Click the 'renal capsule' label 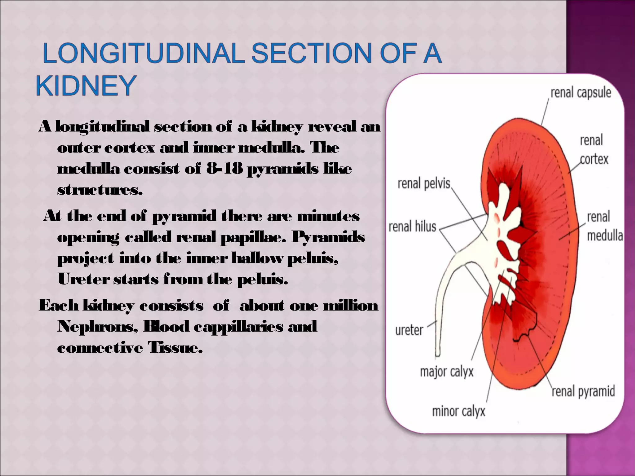[580, 93]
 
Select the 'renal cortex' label [593, 150]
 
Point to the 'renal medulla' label [604, 226]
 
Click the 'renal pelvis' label [424, 183]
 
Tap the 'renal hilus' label [412, 227]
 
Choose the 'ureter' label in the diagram [409, 330]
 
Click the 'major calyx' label [446, 371]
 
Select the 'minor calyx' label [458, 412]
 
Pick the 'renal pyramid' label [583, 391]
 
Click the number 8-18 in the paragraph [224, 169]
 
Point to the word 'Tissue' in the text [175, 347]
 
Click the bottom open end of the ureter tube [437, 354]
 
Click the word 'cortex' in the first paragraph [129, 148]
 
